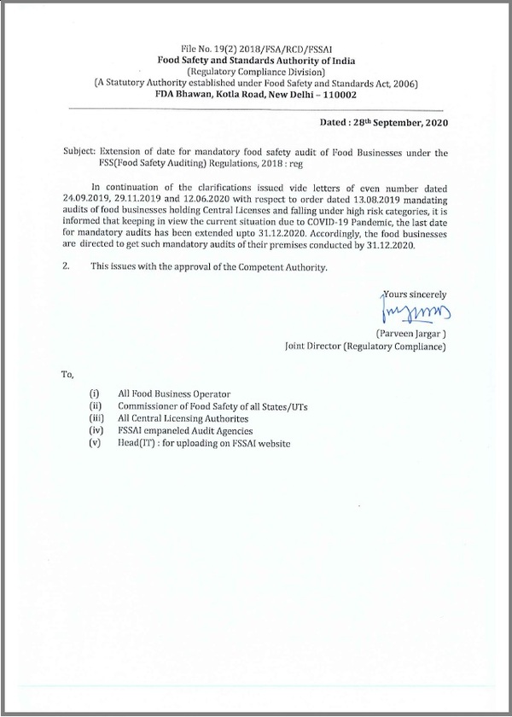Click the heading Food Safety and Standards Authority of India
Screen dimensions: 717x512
tap(255, 61)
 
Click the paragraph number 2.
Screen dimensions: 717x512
tap(66, 268)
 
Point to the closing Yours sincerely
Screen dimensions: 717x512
tap(415, 294)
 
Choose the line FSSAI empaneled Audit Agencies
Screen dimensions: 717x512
tap(188, 431)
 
